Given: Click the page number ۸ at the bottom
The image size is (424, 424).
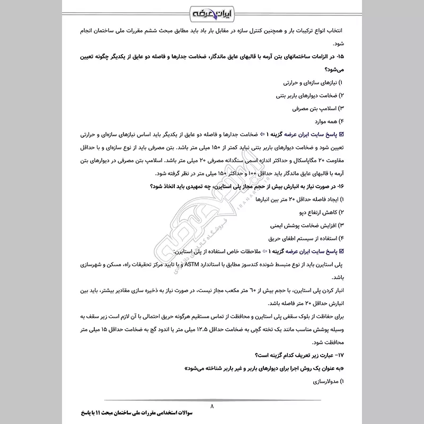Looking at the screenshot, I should pyautogui.click(x=212, y=407).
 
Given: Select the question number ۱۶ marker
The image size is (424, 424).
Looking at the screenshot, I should pyautogui.click(x=340, y=187).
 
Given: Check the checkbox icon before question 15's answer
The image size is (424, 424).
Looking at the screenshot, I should pyautogui.click(x=341, y=135).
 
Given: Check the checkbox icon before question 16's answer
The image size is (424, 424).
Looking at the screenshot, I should pyautogui.click(x=341, y=251).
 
